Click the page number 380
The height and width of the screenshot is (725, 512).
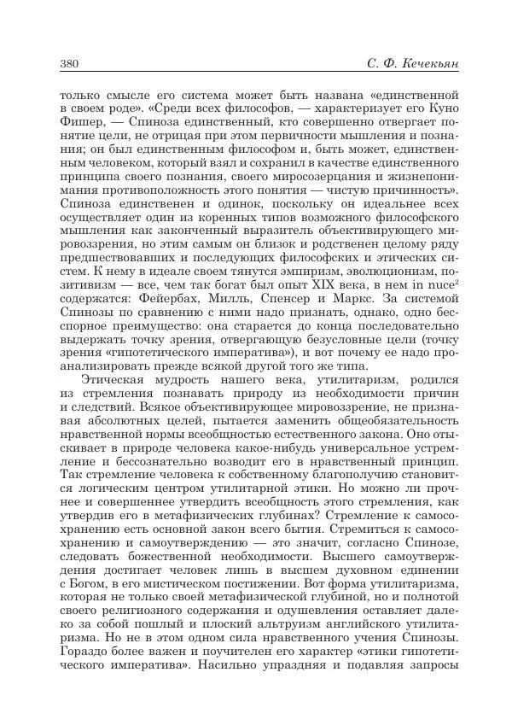point(71,65)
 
